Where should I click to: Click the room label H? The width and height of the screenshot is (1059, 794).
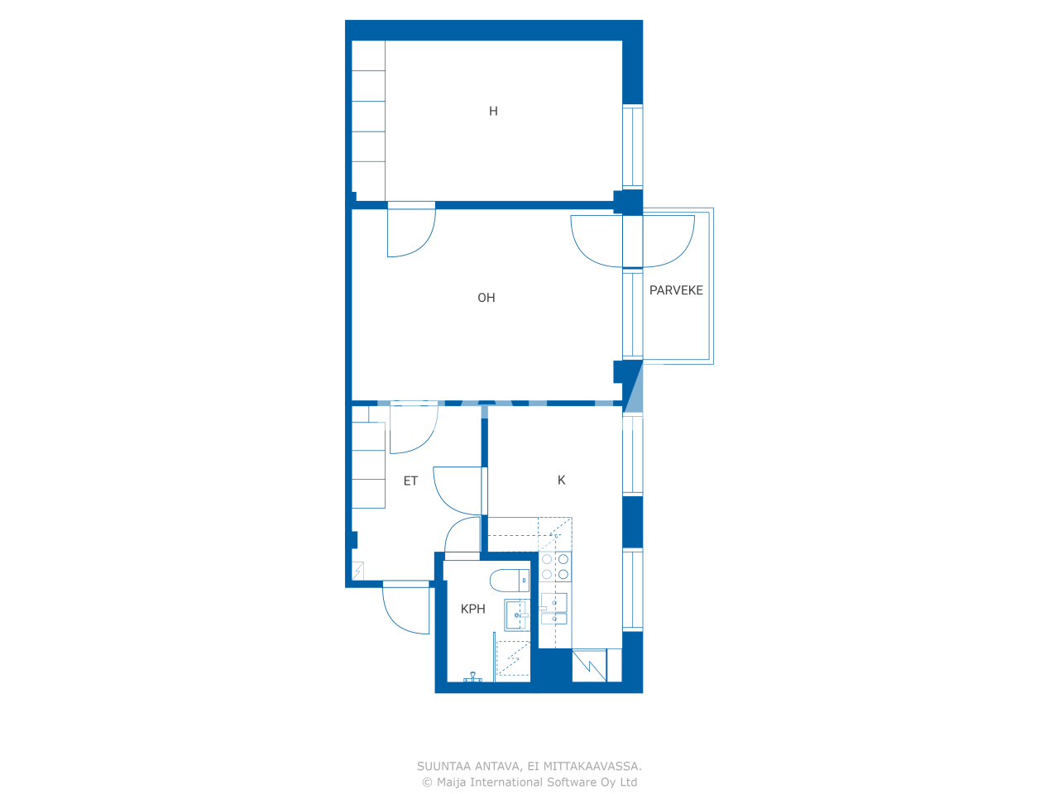click(x=493, y=111)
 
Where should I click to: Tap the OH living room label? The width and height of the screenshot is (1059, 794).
click(x=486, y=298)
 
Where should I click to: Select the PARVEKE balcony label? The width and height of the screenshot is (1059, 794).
click(x=676, y=290)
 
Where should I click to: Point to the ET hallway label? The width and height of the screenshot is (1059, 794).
click(x=410, y=481)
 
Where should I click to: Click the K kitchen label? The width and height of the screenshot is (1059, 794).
click(x=562, y=480)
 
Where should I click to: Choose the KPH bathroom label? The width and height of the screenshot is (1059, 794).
click(x=473, y=609)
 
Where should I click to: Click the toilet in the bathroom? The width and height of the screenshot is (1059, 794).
click(x=509, y=580)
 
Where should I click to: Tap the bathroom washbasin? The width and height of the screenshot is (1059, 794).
click(x=517, y=615)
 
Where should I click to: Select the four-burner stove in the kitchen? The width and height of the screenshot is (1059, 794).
click(x=554, y=567)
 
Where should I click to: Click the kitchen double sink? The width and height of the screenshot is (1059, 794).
click(x=553, y=609)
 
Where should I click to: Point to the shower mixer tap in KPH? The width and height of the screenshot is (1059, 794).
click(x=473, y=677)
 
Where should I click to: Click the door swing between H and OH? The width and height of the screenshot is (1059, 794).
click(x=410, y=231)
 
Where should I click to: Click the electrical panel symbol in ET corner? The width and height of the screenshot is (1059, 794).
click(x=357, y=571)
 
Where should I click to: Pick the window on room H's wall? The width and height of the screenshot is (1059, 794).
click(x=632, y=147)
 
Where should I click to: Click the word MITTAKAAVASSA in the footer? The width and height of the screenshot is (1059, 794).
click(x=592, y=767)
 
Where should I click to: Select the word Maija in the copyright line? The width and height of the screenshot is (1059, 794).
click(x=452, y=782)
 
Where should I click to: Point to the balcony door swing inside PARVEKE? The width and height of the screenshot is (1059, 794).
click(x=668, y=241)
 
